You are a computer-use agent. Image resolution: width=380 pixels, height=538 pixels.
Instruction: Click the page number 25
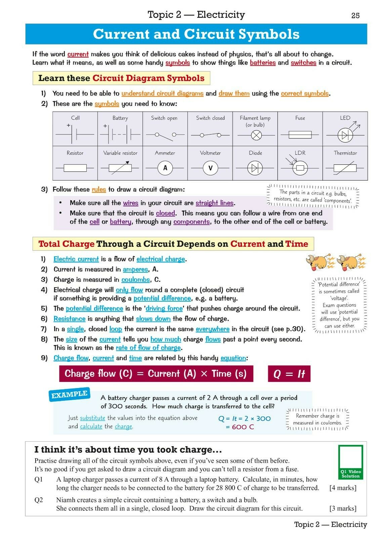tap(355, 15)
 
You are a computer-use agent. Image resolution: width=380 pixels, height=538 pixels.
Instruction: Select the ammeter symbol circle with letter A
tap(165, 168)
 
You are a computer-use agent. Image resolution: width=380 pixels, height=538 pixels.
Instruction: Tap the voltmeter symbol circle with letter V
tap(210, 168)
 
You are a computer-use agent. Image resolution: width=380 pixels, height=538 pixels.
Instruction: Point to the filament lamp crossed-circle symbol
tap(257, 136)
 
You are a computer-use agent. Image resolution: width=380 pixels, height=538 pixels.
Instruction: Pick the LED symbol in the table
tap(345, 135)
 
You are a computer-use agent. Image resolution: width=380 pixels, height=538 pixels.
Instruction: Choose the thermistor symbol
tap(345, 168)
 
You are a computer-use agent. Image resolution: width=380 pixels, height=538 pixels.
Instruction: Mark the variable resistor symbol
tap(120, 168)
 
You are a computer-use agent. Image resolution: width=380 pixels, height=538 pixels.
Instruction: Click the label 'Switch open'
tap(164, 118)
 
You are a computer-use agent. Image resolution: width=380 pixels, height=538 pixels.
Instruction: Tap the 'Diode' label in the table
tap(255, 153)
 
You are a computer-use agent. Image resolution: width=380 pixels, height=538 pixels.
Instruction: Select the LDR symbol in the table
tap(300, 167)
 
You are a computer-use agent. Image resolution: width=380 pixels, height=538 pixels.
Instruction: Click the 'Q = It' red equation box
tap(289, 374)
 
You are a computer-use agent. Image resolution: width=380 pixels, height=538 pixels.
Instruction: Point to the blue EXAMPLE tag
tap(70, 395)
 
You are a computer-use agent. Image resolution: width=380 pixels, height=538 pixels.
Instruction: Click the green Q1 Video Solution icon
tap(350, 462)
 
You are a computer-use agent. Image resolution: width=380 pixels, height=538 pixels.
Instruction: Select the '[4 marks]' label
tap(343, 488)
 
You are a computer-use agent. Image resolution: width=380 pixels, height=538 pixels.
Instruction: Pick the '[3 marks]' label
tap(343, 508)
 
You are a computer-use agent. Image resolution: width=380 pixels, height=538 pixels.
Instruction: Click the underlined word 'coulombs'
tap(136, 280)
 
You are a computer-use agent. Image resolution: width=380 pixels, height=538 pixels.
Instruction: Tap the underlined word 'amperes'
tap(135, 269)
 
